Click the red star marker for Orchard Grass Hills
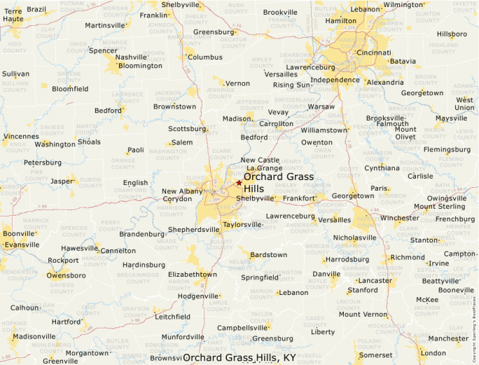pyautogui.click(x=239, y=183)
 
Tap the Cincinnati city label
pyautogui.click(x=373, y=53)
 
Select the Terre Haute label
pyautogui.click(x=13, y=15)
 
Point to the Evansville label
pyautogui.click(x=21, y=245)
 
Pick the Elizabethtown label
pyautogui.click(x=193, y=274)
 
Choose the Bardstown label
pyautogui.click(x=268, y=254)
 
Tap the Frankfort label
pyautogui.click(x=299, y=198)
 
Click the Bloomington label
pyautogui.click(x=140, y=66)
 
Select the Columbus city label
pyautogui.click(x=204, y=57)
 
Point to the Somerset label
pyautogui.click(x=376, y=355)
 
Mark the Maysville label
pyautogui.click(x=451, y=118)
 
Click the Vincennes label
pyautogui.click(x=21, y=136)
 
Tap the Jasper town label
pyautogui.click(x=62, y=181)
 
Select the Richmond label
pyautogui.click(x=408, y=257)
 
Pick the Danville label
pyautogui.click(x=326, y=274)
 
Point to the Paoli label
pyautogui.click(x=136, y=150)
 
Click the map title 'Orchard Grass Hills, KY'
pyautogui.click(x=239, y=358)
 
